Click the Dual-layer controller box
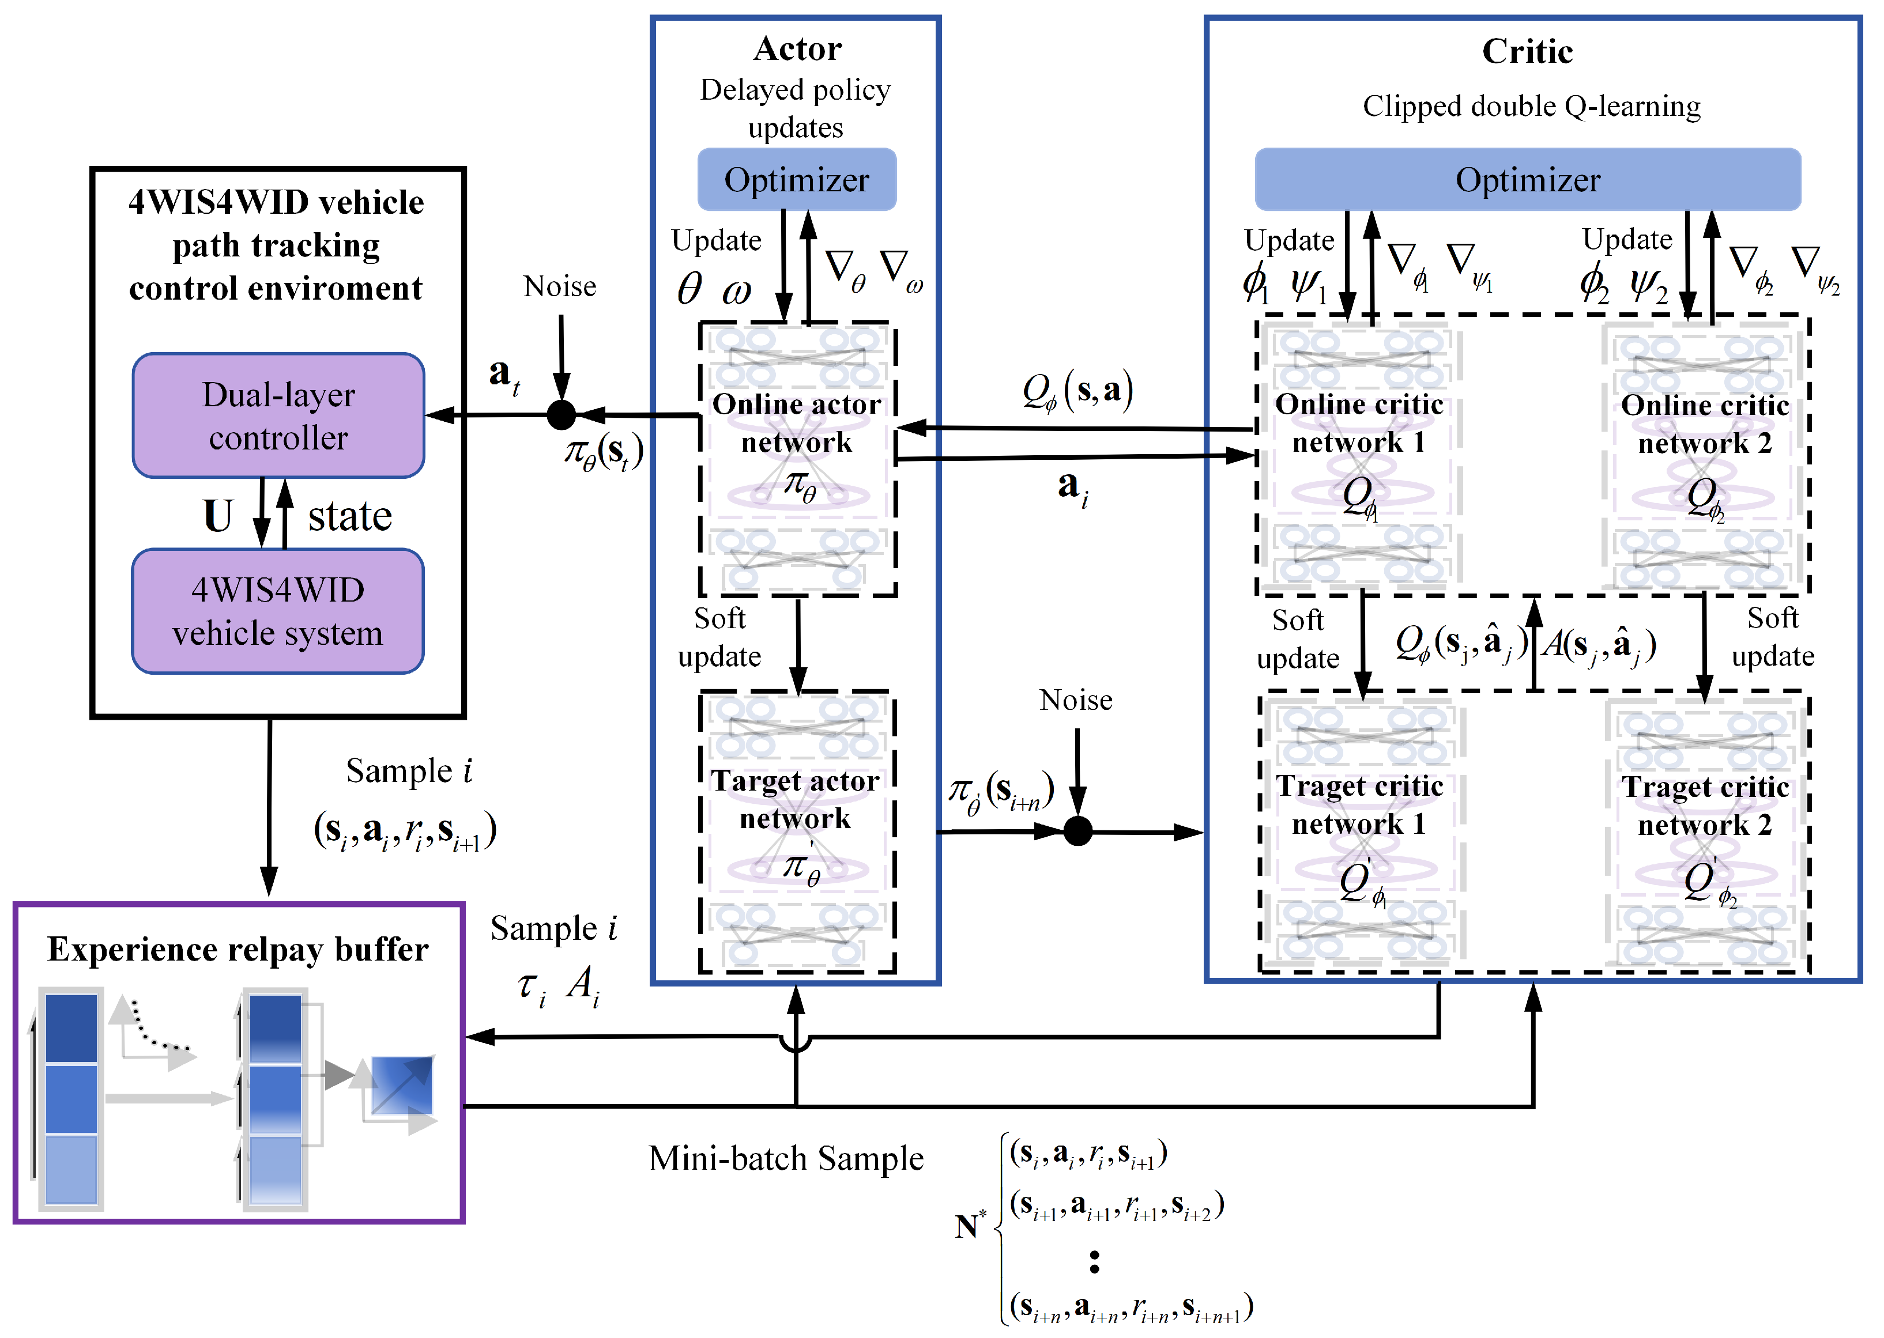point(278,415)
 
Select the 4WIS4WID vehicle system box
point(278,611)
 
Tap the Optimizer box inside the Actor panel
point(796,180)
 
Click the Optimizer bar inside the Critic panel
point(1527,180)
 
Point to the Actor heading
point(797,50)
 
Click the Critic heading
point(1527,52)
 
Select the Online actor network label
point(796,422)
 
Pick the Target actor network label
point(796,799)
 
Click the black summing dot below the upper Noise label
point(562,414)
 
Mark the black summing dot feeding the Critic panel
point(1077,831)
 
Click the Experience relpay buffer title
point(238,949)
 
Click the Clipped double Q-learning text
point(1531,106)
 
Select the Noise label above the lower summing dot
point(1076,700)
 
